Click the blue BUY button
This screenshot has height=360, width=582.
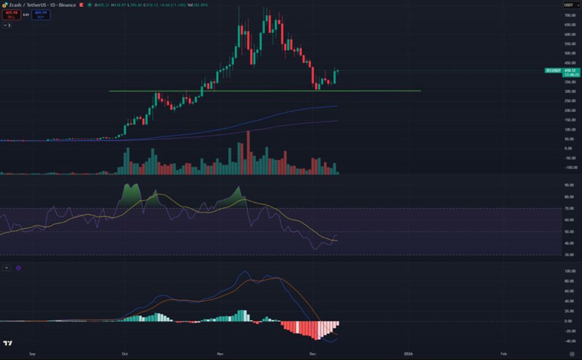(x=41, y=14)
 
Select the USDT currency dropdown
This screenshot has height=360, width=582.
(x=568, y=5)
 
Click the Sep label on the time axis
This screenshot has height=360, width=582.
(x=32, y=354)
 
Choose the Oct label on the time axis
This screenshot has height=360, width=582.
(x=124, y=354)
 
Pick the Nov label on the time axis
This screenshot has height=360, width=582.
(x=220, y=354)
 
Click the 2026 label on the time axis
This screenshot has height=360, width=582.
(x=408, y=354)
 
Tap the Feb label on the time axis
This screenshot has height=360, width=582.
(x=504, y=354)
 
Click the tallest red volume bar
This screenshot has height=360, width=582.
(x=248, y=152)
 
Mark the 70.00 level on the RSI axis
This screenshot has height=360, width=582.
(x=568, y=209)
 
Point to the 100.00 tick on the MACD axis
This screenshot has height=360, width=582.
(x=568, y=271)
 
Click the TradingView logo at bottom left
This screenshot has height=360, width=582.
(x=7, y=344)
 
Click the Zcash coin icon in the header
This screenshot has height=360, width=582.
(x=5, y=5)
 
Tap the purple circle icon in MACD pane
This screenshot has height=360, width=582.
(x=18, y=267)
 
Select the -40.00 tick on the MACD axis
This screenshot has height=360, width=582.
(x=568, y=341)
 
